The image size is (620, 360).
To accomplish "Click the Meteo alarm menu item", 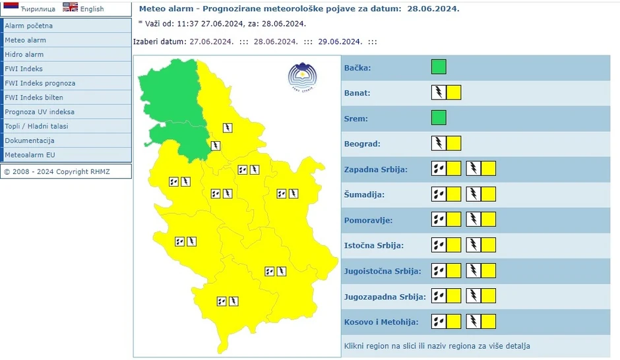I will (26, 40).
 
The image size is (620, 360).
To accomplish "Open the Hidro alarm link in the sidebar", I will (24, 55).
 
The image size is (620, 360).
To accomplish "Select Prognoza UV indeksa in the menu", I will (40, 112).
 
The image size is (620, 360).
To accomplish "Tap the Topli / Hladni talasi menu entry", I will (36, 126).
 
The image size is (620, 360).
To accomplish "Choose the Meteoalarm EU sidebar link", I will (30, 155).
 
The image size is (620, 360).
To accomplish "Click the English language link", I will (92, 9).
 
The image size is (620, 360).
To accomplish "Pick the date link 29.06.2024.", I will (339, 42).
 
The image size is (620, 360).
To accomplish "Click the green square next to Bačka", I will (439, 67).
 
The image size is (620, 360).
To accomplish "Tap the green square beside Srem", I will (439, 118).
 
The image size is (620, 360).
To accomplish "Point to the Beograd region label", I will (363, 144).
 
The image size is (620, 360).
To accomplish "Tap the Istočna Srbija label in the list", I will (373, 245).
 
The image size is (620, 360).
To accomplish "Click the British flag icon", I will (70, 7).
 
